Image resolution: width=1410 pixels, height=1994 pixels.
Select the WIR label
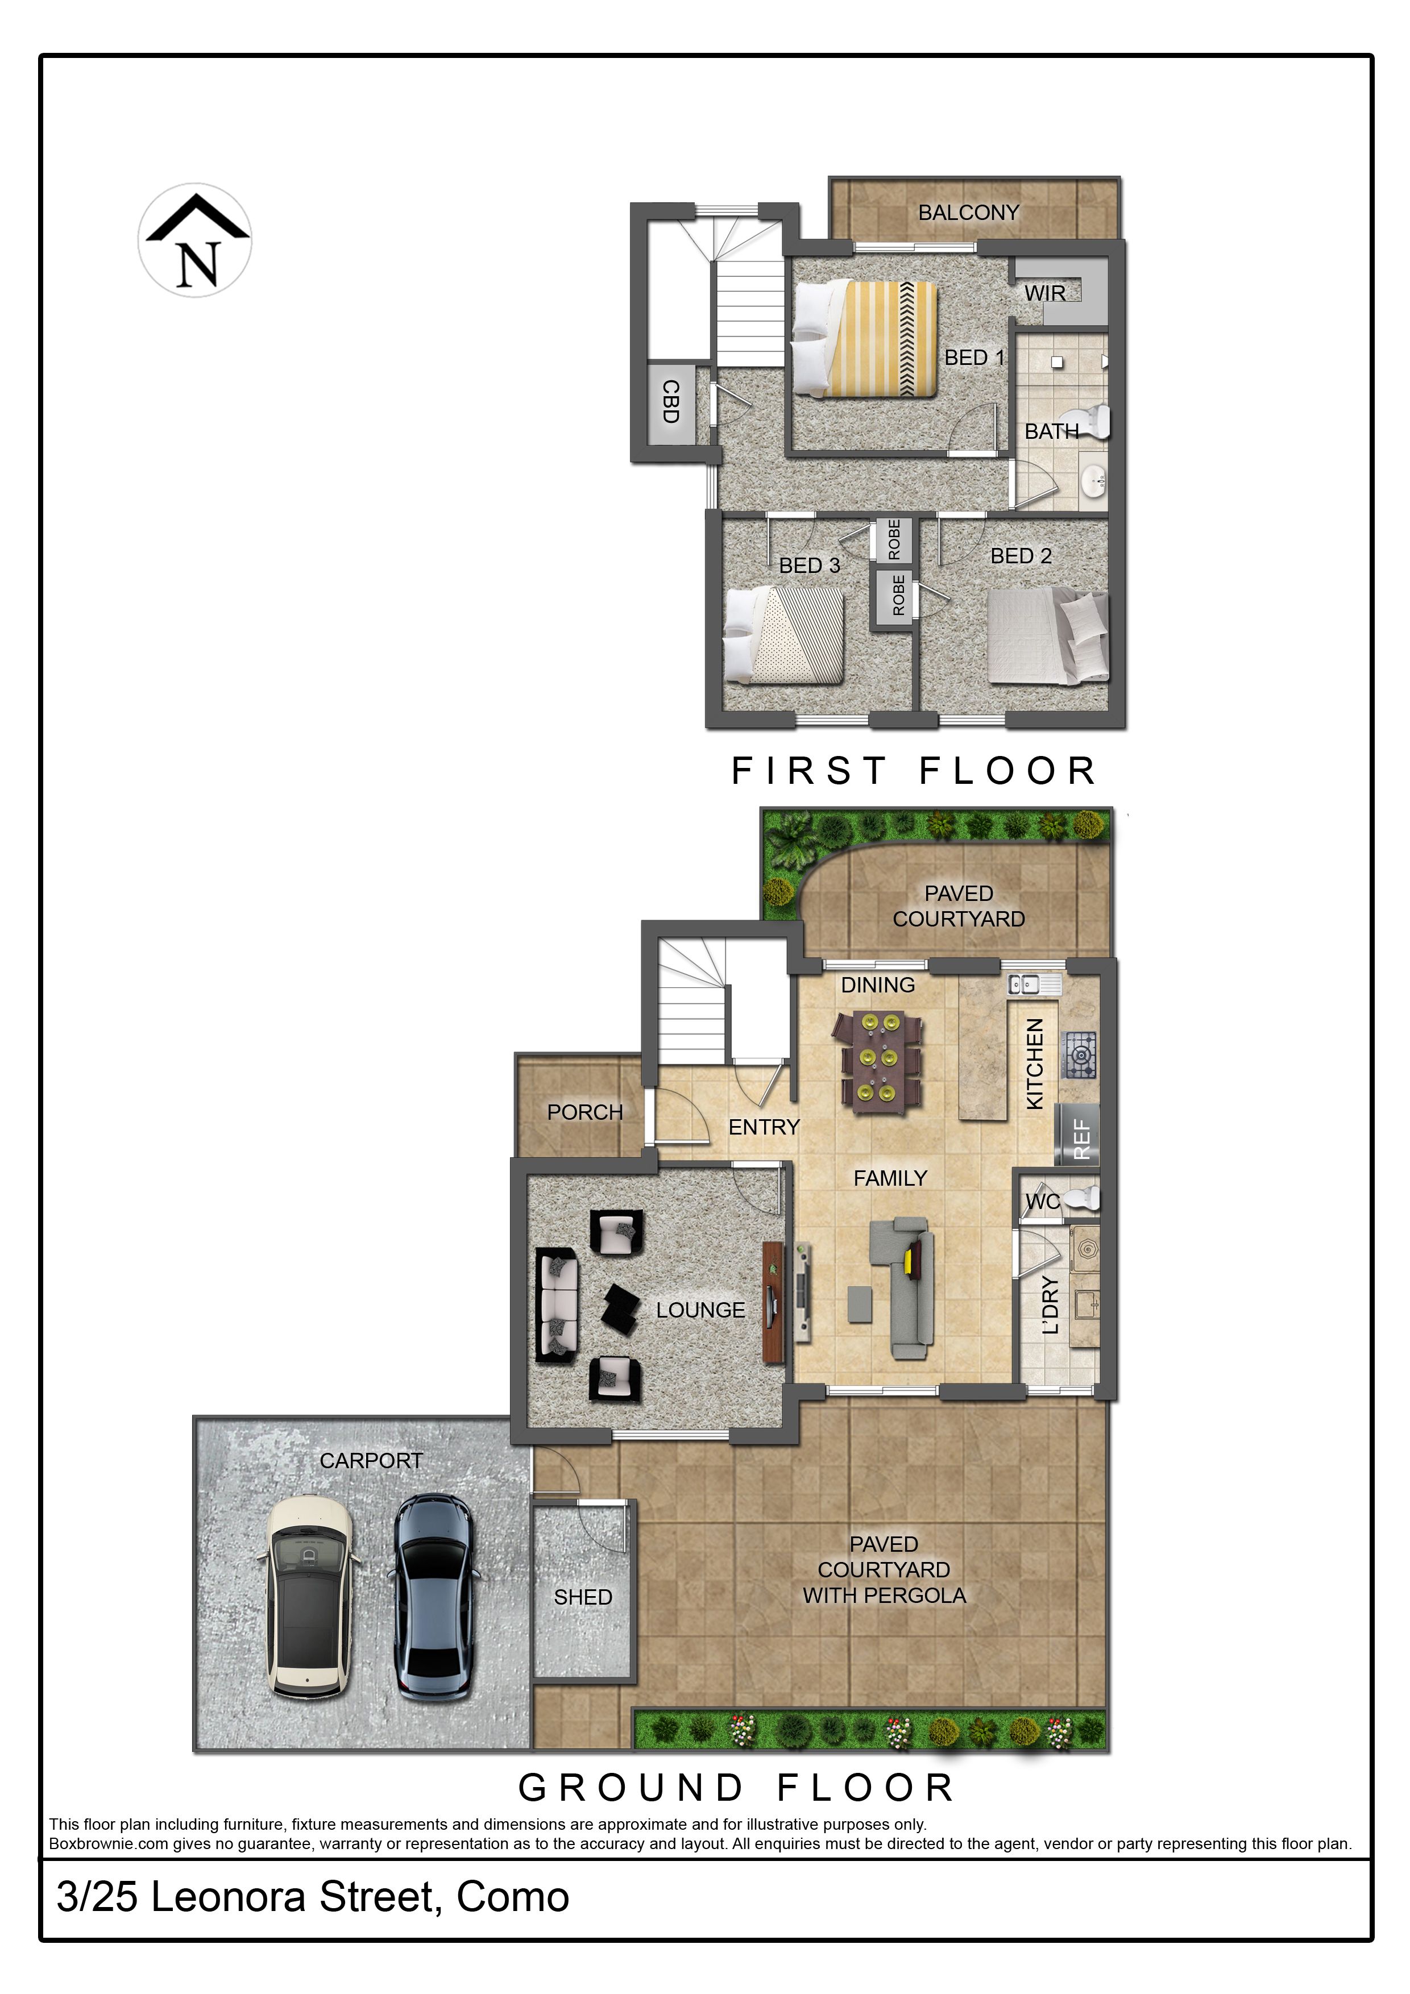coord(1044,293)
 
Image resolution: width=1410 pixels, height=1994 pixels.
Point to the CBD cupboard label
coord(670,401)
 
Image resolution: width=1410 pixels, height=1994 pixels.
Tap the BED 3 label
coord(809,566)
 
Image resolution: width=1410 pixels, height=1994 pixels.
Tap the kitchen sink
coord(1034,984)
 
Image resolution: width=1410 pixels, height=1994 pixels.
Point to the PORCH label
coord(584,1112)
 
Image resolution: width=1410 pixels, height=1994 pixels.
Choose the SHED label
coord(583,1597)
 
